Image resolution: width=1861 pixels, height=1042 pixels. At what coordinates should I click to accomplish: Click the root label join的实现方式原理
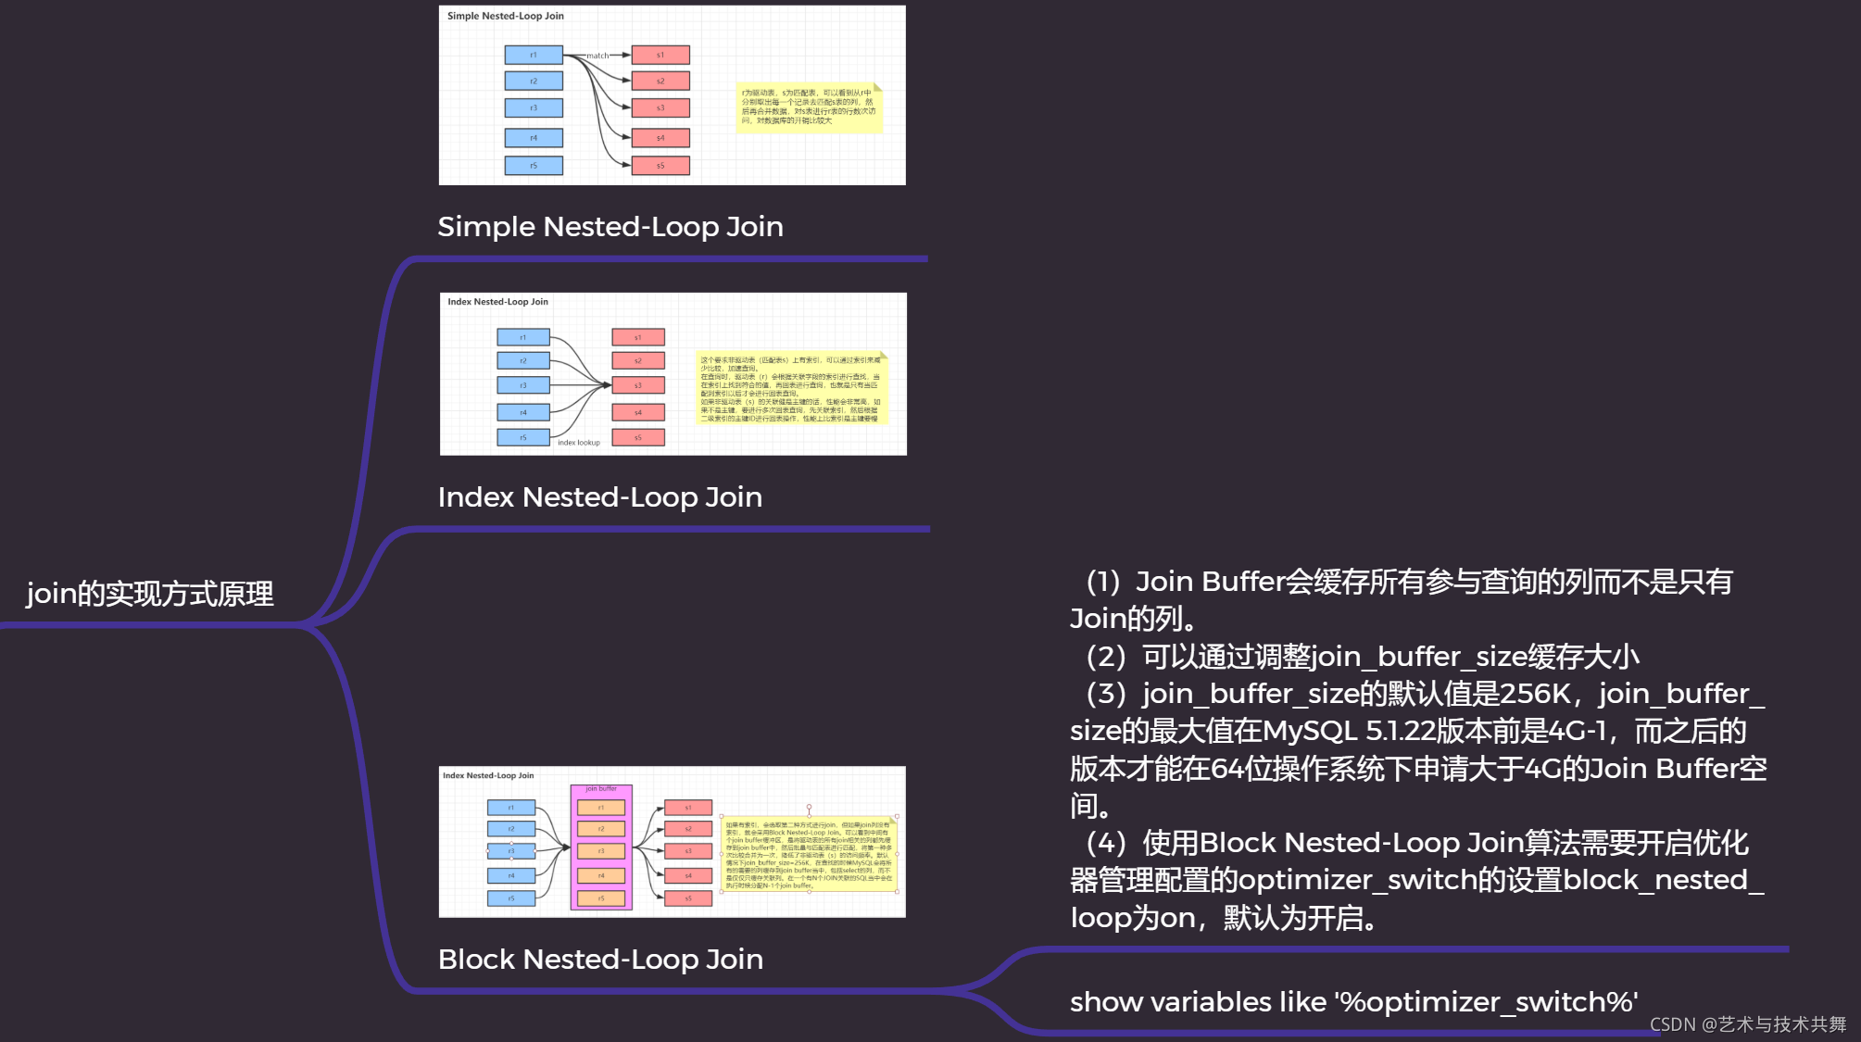tap(150, 594)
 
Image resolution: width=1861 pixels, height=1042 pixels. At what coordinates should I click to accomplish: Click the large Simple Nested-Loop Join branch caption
tap(610, 227)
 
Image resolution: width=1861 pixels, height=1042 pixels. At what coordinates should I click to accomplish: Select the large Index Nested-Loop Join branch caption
tap(600, 497)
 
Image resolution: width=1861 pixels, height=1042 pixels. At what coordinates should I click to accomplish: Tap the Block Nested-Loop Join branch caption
tap(600, 960)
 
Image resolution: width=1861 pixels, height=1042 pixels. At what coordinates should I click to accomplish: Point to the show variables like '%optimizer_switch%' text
tap(1353, 1002)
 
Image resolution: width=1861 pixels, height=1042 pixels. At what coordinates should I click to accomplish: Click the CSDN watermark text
tap(1747, 1024)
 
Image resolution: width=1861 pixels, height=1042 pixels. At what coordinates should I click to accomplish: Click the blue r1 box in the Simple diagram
tap(534, 56)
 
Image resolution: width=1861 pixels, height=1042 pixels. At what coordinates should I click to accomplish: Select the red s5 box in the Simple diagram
tap(660, 166)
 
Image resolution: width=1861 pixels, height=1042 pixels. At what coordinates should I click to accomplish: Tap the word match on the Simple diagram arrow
tap(597, 56)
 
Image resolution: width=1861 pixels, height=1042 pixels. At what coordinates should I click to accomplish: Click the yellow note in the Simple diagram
tap(809, 107)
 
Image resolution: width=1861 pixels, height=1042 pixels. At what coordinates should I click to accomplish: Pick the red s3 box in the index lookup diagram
tap(638, 385)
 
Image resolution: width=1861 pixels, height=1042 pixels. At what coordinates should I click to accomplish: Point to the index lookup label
tap(579, 443)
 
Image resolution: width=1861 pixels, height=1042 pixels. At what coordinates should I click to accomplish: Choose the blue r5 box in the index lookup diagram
tap(523, 437)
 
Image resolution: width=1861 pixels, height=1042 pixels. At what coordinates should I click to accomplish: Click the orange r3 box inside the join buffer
tap(601, 851)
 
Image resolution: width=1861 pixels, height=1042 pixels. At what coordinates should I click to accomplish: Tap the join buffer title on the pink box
tap(601, 789)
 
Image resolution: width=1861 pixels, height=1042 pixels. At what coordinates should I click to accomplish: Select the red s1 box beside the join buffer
tap(688, 808)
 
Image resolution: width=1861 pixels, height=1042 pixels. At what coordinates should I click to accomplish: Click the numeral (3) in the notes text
tap(1106, 694)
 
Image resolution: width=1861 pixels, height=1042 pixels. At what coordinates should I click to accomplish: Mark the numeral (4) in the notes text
tap(1106, 843)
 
